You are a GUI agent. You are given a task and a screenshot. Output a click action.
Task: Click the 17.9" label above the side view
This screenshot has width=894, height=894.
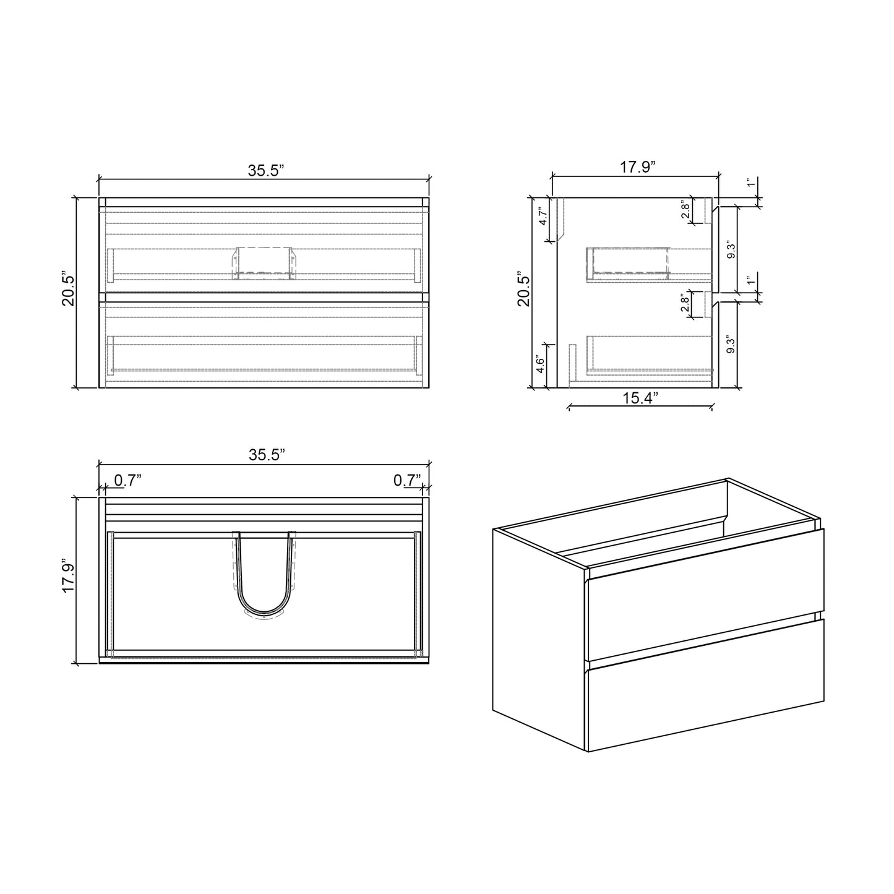pos(637,168)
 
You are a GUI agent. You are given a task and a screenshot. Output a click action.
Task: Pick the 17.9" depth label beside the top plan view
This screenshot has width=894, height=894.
pos(69,577)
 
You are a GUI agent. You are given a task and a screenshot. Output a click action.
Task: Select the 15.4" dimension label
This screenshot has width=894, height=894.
pos(640,398)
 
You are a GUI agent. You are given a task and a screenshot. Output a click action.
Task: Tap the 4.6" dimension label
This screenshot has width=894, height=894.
pos(540,365)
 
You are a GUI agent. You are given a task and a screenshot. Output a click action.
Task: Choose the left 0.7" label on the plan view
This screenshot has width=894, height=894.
pos(128,480)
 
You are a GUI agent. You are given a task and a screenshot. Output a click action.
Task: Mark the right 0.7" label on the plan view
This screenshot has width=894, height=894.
pos(406,480)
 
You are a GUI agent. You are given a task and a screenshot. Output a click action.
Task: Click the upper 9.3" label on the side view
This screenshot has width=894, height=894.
pos(732,249)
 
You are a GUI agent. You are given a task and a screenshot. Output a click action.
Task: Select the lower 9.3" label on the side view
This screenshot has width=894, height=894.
pos(732,345)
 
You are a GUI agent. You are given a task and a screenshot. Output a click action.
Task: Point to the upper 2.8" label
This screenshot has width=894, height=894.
pos(685,210)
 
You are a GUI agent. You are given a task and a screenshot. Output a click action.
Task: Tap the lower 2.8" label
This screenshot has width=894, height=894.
pos(685,304)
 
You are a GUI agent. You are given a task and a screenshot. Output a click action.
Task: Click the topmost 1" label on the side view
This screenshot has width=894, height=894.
pos(750,183)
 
